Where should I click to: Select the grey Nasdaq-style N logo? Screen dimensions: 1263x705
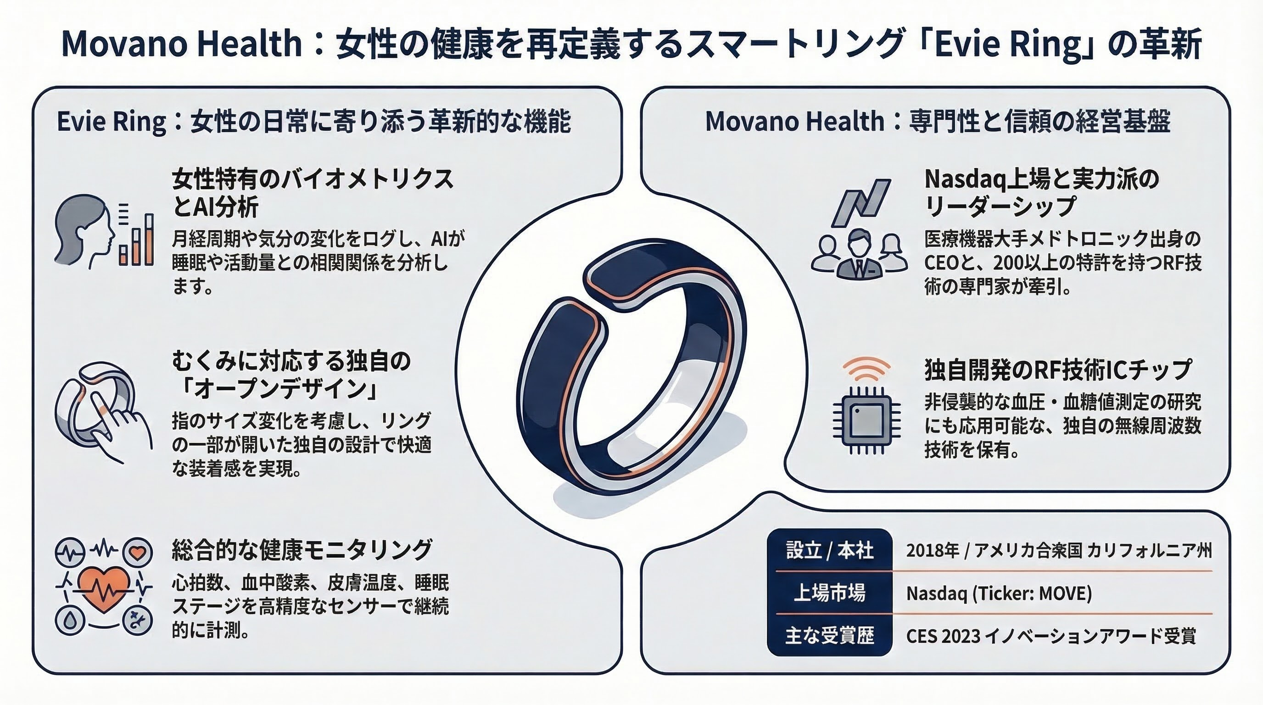click(861, 202)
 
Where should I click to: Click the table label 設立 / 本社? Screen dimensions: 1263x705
click(830, 550)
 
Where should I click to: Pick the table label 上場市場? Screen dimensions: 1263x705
click(830, 593)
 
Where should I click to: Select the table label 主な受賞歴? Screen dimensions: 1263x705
click(830, 635)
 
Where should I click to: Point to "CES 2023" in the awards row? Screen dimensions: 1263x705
click(943, 636)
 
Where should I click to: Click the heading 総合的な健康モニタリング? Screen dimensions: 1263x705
click(302, 549)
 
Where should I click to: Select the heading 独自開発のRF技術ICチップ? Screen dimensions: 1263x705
click(1058, 369)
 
